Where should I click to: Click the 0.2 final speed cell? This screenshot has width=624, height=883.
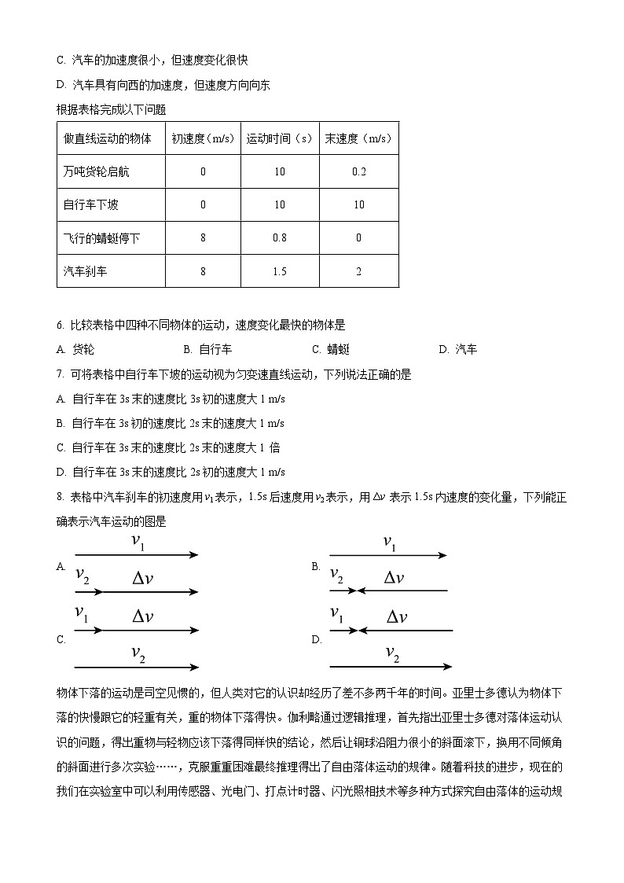pyautogui.click(x=359, y=172)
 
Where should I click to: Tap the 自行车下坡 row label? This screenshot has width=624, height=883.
pyautogui.click(x=91, y=205)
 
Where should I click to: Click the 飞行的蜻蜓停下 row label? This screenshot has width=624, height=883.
pyautogui.click(x=97, y=238)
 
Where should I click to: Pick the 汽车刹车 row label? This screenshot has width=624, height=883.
pyautogui.click(x=86, y=271)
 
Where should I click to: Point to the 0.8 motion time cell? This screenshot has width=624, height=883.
pyautogui.click(x=280, y=238)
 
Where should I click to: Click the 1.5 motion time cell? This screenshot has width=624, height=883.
pyautogui.click(x=280, y=271)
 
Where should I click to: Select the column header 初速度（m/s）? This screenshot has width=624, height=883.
pyautogui.click(x=203, y=139)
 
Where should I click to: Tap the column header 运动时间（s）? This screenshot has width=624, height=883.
pyautogui.click(x=280, y=139)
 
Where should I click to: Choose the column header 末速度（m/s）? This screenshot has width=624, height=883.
pyautogui.click(x=359, y=139)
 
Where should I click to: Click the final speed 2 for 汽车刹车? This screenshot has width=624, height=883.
pyautogui.click(x=359, y=271)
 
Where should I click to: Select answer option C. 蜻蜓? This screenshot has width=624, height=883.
pyautogui.click(x=331, y=350)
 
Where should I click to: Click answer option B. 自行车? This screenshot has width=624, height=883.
pyautogui.click(x=207, y=350)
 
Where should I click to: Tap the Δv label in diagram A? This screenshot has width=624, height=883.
pyautogui.click(x=142, y=579)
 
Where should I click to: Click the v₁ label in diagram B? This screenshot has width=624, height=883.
pyautogui.click(x=390, y=543)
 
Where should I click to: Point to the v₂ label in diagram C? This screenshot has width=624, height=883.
pyautogui.click(x=138, y=653)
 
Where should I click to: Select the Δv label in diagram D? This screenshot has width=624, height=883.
pyautogui.click(x=397, y=617)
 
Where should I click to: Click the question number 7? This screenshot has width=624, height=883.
pyautogui.click(x=61, y=375)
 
